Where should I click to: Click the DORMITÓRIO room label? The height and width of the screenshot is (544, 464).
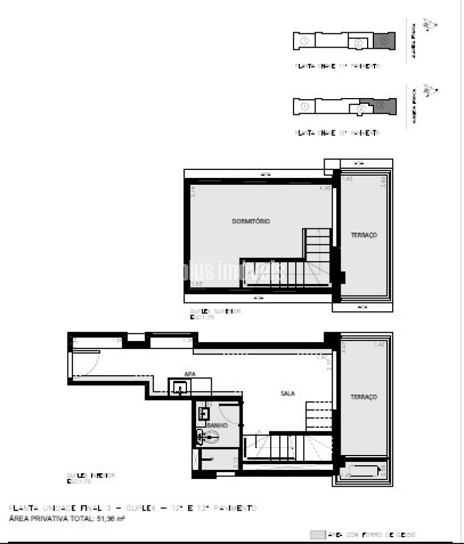click(x=250, y=221)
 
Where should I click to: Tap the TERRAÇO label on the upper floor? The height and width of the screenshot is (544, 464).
click(x=363, y=235)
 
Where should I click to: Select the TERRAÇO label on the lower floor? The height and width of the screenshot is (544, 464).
click(x=363, y=397)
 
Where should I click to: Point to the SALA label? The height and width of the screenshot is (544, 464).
click(x=287, y=393)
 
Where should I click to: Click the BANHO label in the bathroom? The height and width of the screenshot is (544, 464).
click(x=217, y=425)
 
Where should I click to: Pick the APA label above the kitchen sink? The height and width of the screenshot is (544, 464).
click(x=190, y=373)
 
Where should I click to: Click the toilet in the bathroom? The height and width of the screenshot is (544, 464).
click(x=210, y=436)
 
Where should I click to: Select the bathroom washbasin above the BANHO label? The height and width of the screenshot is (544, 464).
click(x=203, y=414)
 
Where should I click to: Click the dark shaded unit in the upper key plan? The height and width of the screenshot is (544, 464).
click(x=384, y=41)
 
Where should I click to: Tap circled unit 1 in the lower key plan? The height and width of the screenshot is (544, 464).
click(x=304, y=106)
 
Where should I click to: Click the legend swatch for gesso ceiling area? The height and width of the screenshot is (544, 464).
click(x=318, y=534)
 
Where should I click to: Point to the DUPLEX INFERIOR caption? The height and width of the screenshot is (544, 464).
click(x=91, y=475)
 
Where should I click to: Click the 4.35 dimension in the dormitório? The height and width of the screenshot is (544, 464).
click(x=324, y=188)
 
